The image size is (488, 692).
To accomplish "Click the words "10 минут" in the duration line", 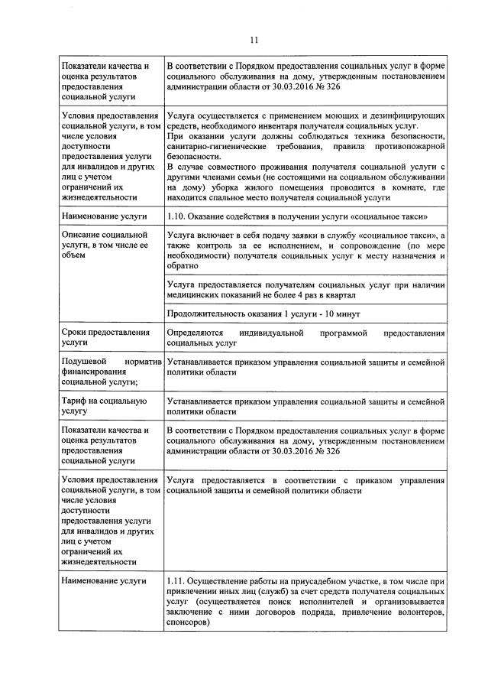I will (x=343, y=314).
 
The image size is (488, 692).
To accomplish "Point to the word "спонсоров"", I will (x=187, y=623).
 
